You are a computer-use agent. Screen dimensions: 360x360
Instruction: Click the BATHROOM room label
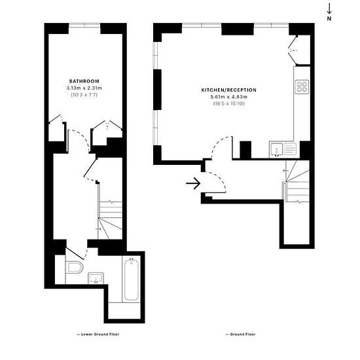pyautogui.click(x=84, y=81)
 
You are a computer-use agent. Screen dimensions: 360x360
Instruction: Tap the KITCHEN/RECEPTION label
pyautogui.click(x=229, y=90)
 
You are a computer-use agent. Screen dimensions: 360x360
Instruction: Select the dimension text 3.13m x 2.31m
pyautogui.click(x=84, y=88)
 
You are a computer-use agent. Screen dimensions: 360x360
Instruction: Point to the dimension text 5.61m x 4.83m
pyautogui.click(x=229, y=97)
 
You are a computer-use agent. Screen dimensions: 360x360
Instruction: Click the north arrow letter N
pyautogui.click(x=329, y=18)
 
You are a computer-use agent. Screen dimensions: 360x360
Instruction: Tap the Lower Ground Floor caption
pyautogui.click(x=98, y=334)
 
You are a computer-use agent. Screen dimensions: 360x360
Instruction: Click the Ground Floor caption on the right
pyautogui.click(x=241, y=334)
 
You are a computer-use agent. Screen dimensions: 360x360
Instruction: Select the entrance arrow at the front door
pyautogui.click(x=193, y=183)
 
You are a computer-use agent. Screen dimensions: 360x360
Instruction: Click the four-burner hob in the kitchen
pyautogui.click(x=302, y=87)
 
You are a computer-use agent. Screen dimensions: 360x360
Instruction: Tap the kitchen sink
pyautogui.click(x=283, y=149)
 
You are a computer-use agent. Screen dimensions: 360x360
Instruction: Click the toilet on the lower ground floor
pyautogui.click(x=74, y=267)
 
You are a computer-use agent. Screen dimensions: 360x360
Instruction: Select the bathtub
pyautogui.click(x=132, y=279)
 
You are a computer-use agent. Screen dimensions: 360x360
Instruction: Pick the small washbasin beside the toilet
pyautogui.click(x=96, y=278)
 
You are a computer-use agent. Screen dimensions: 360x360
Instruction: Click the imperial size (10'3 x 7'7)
pyautogui.click(x=84, y=95)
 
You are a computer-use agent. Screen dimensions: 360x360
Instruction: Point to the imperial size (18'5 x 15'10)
pyautogui.click(x=229, y=103)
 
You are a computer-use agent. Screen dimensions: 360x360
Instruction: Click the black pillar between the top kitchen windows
pyautogui.click(x=238, y=29)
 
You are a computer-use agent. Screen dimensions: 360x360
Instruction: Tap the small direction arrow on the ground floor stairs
pyautogui.click(x=286, y=171)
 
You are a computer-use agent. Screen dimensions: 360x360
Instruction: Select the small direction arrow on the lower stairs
pyautogui.click(x=98, y=229)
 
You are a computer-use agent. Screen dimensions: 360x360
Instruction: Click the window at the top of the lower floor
pyautogui.click(x=84, y=26)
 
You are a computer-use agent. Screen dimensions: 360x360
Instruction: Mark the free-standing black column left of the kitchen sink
pyautogui.click(x=245, y=150)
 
